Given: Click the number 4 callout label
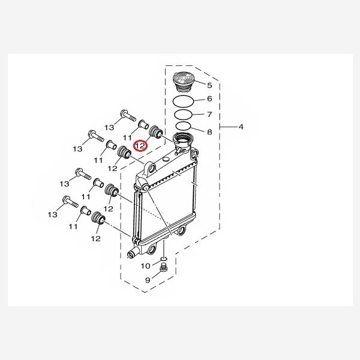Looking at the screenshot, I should tap(241, 127).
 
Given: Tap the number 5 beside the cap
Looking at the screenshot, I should tap(209, 85).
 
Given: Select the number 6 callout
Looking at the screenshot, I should tap(209, 99).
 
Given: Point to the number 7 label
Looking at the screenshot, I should tap(209, 114).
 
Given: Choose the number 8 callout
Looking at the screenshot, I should tap(209, 131).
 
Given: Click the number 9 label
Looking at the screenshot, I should tap(148, 280).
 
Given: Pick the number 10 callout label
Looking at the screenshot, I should tap(146, 266).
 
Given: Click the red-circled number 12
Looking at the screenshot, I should tap(140, 145).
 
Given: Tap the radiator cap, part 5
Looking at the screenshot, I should tap(181, 80).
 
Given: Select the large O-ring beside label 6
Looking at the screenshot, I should tap(182, 99).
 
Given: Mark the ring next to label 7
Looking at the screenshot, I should tap(183, 113).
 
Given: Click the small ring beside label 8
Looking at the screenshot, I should tap(183, 126).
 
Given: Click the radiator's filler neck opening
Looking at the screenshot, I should tap(182, 142).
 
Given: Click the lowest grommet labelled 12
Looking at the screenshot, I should tap(97, 219).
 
